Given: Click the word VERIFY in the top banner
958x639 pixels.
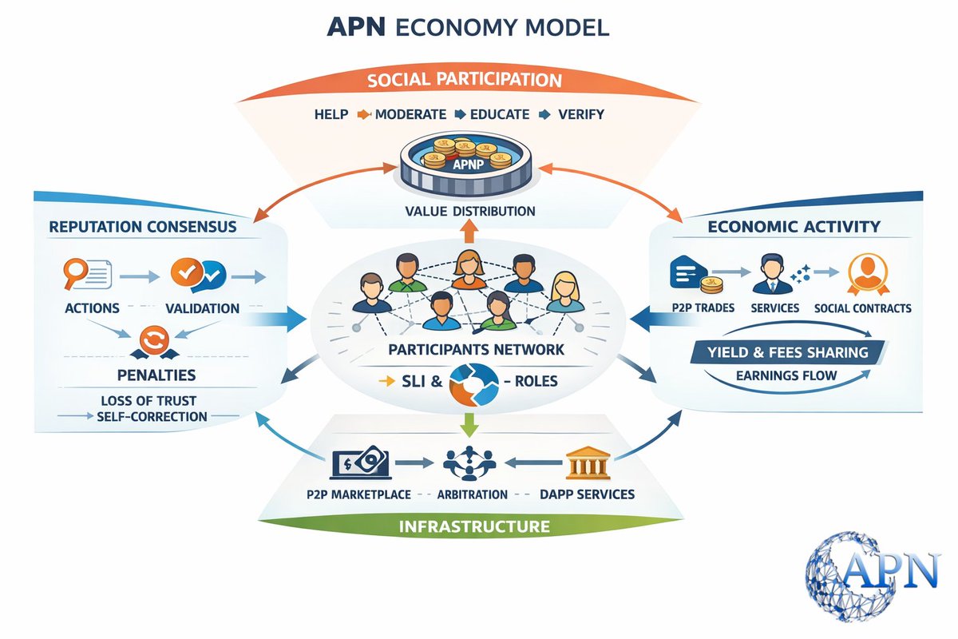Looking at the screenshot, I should (582, 114).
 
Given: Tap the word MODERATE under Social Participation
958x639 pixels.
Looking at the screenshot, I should (410, 114).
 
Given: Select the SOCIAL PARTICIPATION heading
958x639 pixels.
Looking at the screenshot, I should (464, 81).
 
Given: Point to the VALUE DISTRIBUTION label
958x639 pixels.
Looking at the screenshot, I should (469, 212).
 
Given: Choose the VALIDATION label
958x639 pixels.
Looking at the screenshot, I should (202, 308).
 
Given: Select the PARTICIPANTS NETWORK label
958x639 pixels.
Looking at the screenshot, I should (477, 349).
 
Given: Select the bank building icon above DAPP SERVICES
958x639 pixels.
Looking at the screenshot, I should (588, 462).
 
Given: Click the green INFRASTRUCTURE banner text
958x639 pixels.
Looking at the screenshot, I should (474, 526).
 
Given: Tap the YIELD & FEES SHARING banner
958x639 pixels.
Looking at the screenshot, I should (799, 351).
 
